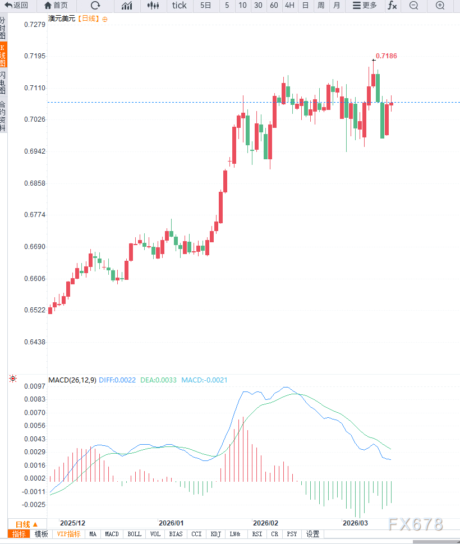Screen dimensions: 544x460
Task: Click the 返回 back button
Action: (x=16, y=6)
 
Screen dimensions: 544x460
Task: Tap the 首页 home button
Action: (x=56, y=6)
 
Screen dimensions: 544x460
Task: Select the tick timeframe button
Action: (x=180, y=6)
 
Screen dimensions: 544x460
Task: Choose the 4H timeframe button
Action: (x=289, y=6)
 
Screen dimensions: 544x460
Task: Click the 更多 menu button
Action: (x=365, y=6)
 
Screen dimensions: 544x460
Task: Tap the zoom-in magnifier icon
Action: (x=440, y=6)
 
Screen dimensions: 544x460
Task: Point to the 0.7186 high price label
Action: (x=387, y=56)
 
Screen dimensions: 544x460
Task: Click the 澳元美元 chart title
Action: (x=62, y=19)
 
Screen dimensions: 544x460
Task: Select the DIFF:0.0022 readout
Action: (x=117, y=380)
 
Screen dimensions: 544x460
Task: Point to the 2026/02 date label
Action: (x=265, y=522)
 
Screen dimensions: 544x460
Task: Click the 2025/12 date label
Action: (x=73, y=522)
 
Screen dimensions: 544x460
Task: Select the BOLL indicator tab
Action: (x=135, y=534)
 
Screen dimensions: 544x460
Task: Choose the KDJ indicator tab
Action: (x=215, y=534)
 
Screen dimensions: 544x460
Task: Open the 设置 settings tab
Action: (x=312, y=534)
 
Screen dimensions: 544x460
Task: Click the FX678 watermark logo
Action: (x=415, y=524)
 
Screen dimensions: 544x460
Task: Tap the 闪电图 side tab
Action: (x=3, y=82)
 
